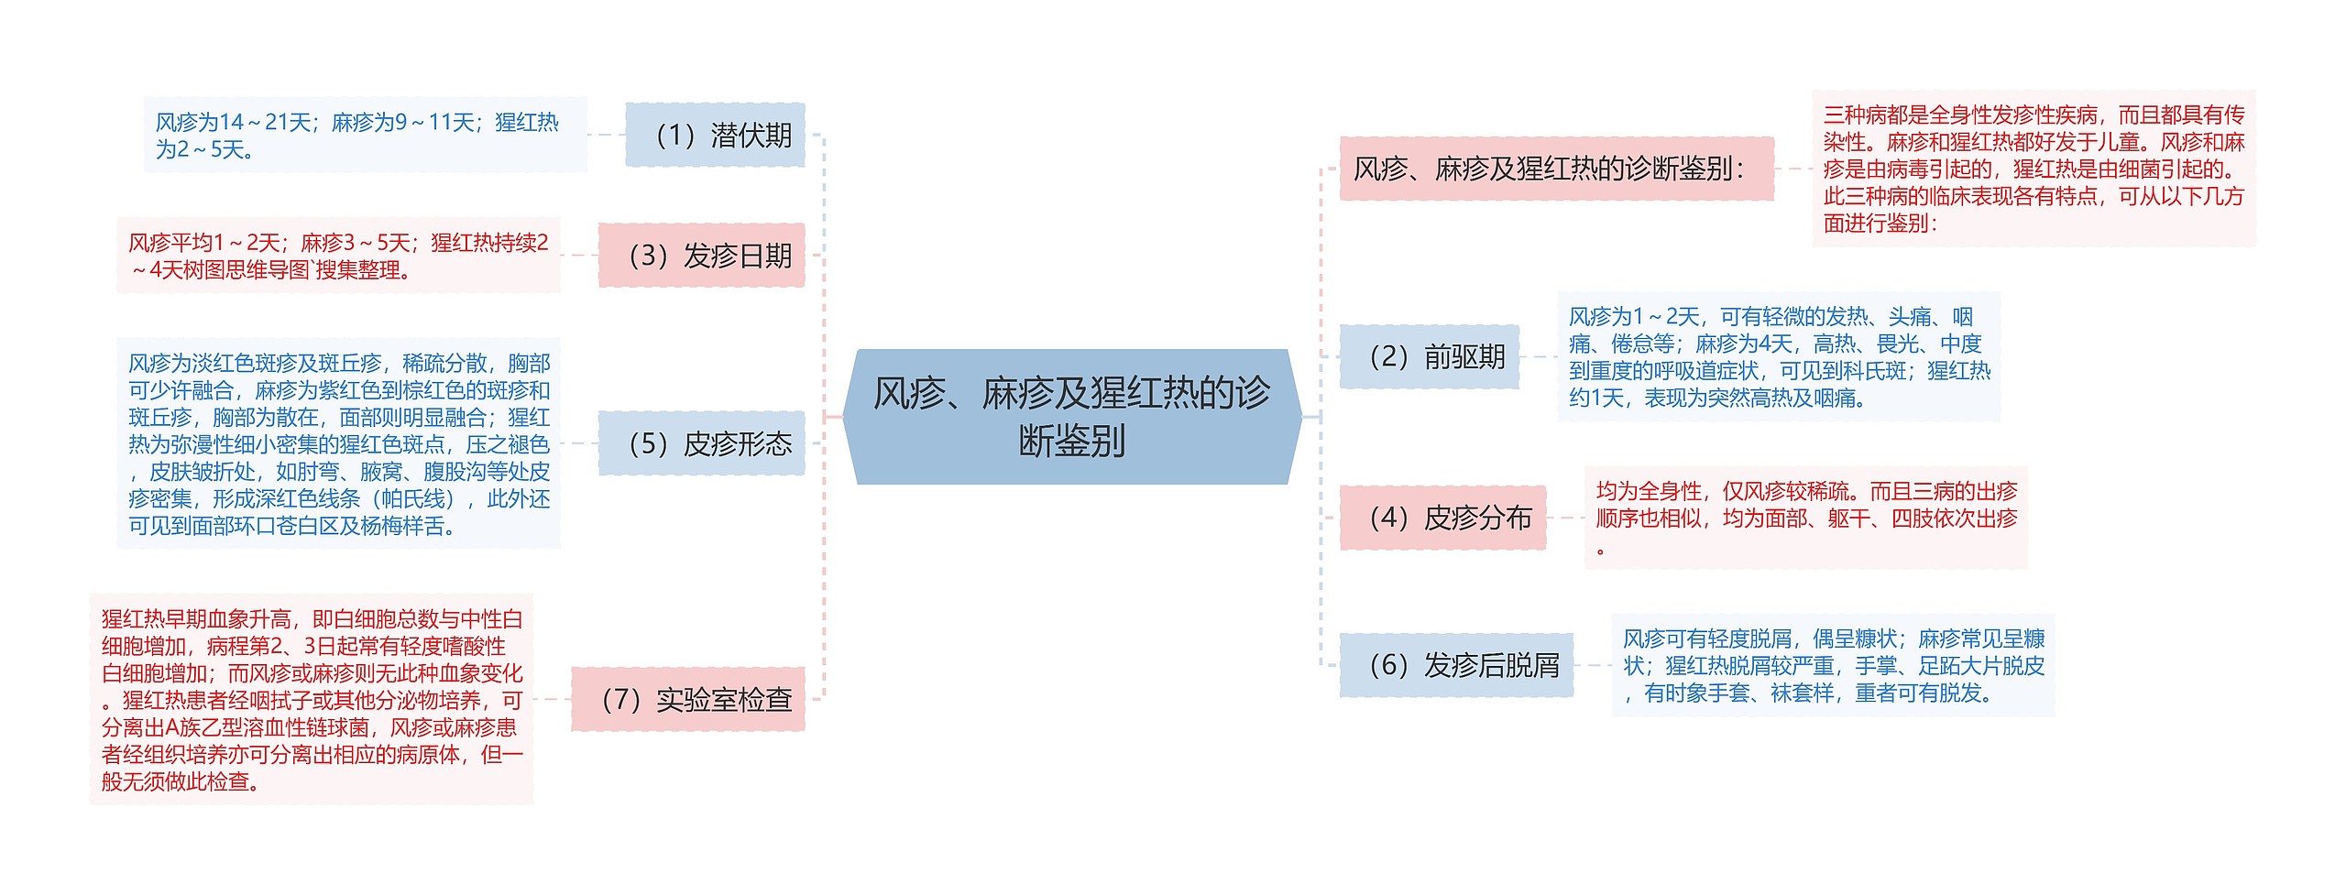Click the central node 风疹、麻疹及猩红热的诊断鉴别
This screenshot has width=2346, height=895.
[x=1071, y=417]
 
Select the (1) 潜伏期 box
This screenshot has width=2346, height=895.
[x=715, y=135]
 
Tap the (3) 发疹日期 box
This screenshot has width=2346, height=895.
[x=702, y=256]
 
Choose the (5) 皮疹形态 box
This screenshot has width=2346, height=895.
[x=702, y=443]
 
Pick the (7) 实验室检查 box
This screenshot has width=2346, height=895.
[x=688, y=699]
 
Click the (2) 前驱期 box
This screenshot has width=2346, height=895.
[x=1429, y=356]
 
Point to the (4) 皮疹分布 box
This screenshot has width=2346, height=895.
[x=1442, y=518]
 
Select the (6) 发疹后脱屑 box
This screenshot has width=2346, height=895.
[x=1456, y=665]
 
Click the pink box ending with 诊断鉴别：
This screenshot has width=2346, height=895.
[x=1556, y=169]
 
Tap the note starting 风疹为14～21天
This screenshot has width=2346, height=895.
[x=365, y=135]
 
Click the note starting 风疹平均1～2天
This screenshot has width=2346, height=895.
[x=338, y=256]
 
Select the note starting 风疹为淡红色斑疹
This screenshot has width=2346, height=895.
[x=338, y=444]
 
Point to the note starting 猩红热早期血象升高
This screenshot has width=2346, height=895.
[x=312, y=699]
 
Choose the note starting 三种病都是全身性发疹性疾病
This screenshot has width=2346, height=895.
[x=2034, y=169]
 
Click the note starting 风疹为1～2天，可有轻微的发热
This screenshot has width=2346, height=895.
[x=1779, y=356]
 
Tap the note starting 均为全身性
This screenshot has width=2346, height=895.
[x=1805, y=518]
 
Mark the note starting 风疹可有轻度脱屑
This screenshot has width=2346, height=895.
[x=1833, y=665]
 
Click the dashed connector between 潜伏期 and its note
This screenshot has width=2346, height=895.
[x=606, y=135]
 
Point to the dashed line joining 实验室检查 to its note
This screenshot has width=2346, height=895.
[x=552, y=699]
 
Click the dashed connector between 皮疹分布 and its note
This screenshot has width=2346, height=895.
[x=1565, y=518]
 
